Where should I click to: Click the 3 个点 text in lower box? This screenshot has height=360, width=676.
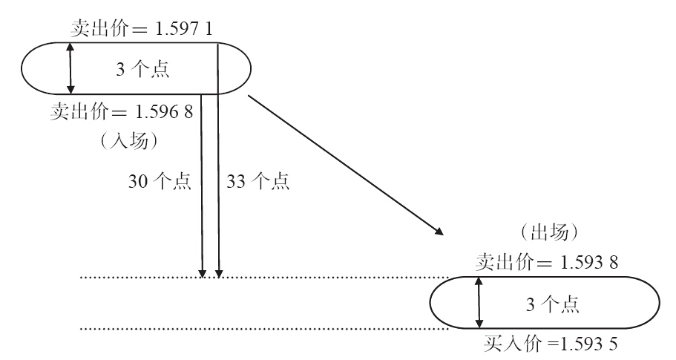(x=550, y=304)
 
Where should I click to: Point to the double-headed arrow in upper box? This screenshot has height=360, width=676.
(x=70, y=68)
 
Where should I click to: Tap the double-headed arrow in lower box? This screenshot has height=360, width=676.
(x=479, y=303)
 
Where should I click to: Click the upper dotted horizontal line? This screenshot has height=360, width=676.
(x=260, y=278)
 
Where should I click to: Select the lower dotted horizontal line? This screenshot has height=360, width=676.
(x=260, y=327)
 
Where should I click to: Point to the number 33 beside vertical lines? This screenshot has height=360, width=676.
(x=234, y=182)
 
